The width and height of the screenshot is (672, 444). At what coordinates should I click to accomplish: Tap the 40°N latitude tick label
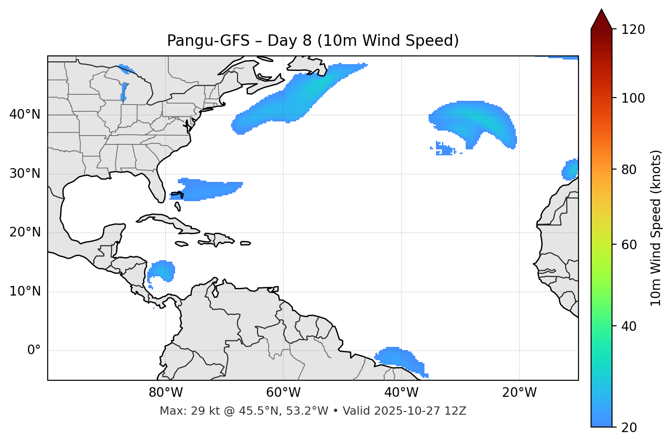[25, 114]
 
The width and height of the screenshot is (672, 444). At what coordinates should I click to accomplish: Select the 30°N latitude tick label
[25, 174]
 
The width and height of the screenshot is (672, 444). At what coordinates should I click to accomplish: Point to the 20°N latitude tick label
[25, 232]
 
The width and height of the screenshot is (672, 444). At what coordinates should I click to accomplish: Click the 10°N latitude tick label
[25, 291]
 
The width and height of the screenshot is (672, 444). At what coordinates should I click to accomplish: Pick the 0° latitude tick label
[33, 351]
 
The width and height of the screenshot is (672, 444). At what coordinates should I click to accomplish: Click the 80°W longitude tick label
[165, 393]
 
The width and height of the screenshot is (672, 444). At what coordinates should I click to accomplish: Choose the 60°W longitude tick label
[283, 393]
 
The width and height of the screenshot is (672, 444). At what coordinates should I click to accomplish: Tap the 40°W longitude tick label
[401, 393]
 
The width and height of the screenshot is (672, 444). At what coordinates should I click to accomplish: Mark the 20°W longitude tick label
[519, 393]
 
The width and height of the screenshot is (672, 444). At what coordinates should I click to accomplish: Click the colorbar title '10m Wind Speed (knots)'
[656, 228]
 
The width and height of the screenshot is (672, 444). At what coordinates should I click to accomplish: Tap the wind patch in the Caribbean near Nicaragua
[162, 270]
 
